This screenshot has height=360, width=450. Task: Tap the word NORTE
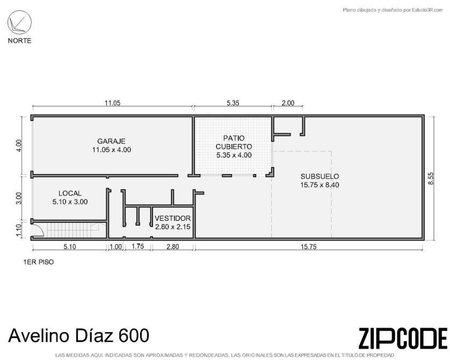(19, 41)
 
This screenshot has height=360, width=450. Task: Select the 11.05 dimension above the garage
(113, 103)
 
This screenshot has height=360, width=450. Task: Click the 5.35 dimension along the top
(233, 103)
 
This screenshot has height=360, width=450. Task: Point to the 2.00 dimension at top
(288, 103)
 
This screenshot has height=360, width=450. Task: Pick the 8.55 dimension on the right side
(431, 178)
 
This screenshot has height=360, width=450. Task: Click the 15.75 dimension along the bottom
(309, 247)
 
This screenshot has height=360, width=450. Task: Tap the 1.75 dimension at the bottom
(138, 246)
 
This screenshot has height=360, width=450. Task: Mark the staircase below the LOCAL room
(72, 231)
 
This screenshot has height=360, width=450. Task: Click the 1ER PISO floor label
(39, 262)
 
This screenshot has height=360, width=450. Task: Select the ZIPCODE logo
(403, 339)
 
